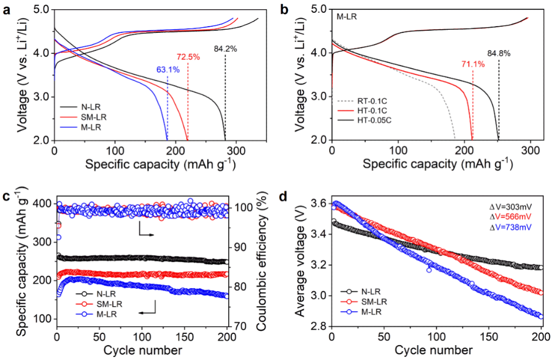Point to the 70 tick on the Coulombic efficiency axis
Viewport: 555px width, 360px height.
[x=240, y=326]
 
